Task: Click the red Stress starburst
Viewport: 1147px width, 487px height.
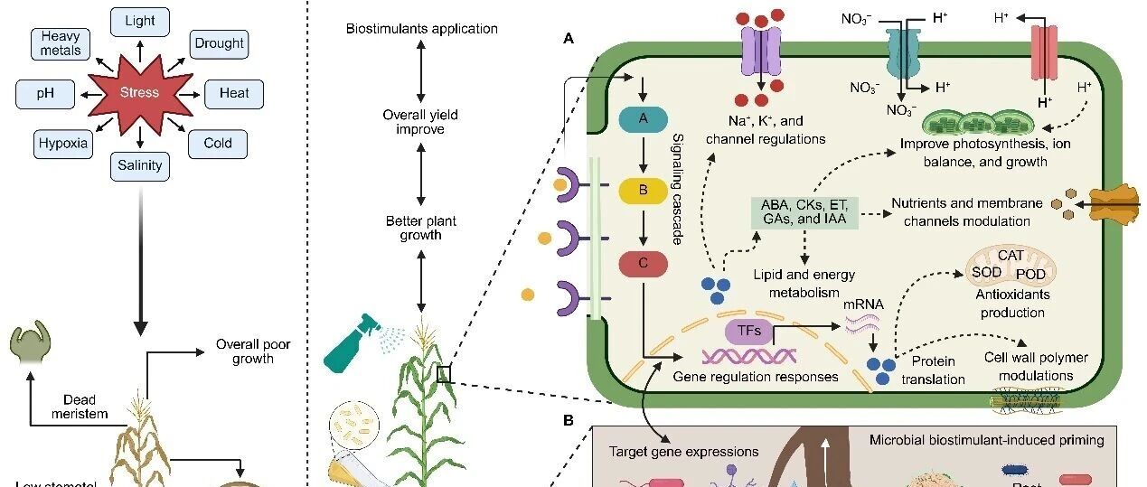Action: pyautogui.click(x=139, y=92)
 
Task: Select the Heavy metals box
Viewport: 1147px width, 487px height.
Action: pyautogui.click(x=61, y=43)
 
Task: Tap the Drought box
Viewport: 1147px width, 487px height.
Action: pyautogui.click(x=219, y=43)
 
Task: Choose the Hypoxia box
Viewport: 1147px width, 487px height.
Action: pyautogui.click(x=63, y=143)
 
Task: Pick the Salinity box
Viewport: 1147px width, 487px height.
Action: pyautogui.click(x=139, y=165)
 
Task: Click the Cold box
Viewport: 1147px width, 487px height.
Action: pyautogui.click(x=217, y=143)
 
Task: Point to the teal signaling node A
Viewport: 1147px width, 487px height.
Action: pyautogui.click(x=643, y=118)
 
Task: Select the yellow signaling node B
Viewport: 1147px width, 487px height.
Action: pyautogui.click(x=643, y=192)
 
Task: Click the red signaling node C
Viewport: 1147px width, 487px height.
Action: pyautogui.click(x=643, y=264)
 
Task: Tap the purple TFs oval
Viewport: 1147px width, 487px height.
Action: pyautogui.click(x=748, y=332)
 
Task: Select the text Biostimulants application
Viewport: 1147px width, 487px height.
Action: pyautogui.click(x=421, y=29)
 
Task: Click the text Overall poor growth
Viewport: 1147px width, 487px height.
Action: pyautogui.click(x=253, y=351)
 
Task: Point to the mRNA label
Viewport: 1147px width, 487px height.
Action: pyautogui.click(x=862, y=304)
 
